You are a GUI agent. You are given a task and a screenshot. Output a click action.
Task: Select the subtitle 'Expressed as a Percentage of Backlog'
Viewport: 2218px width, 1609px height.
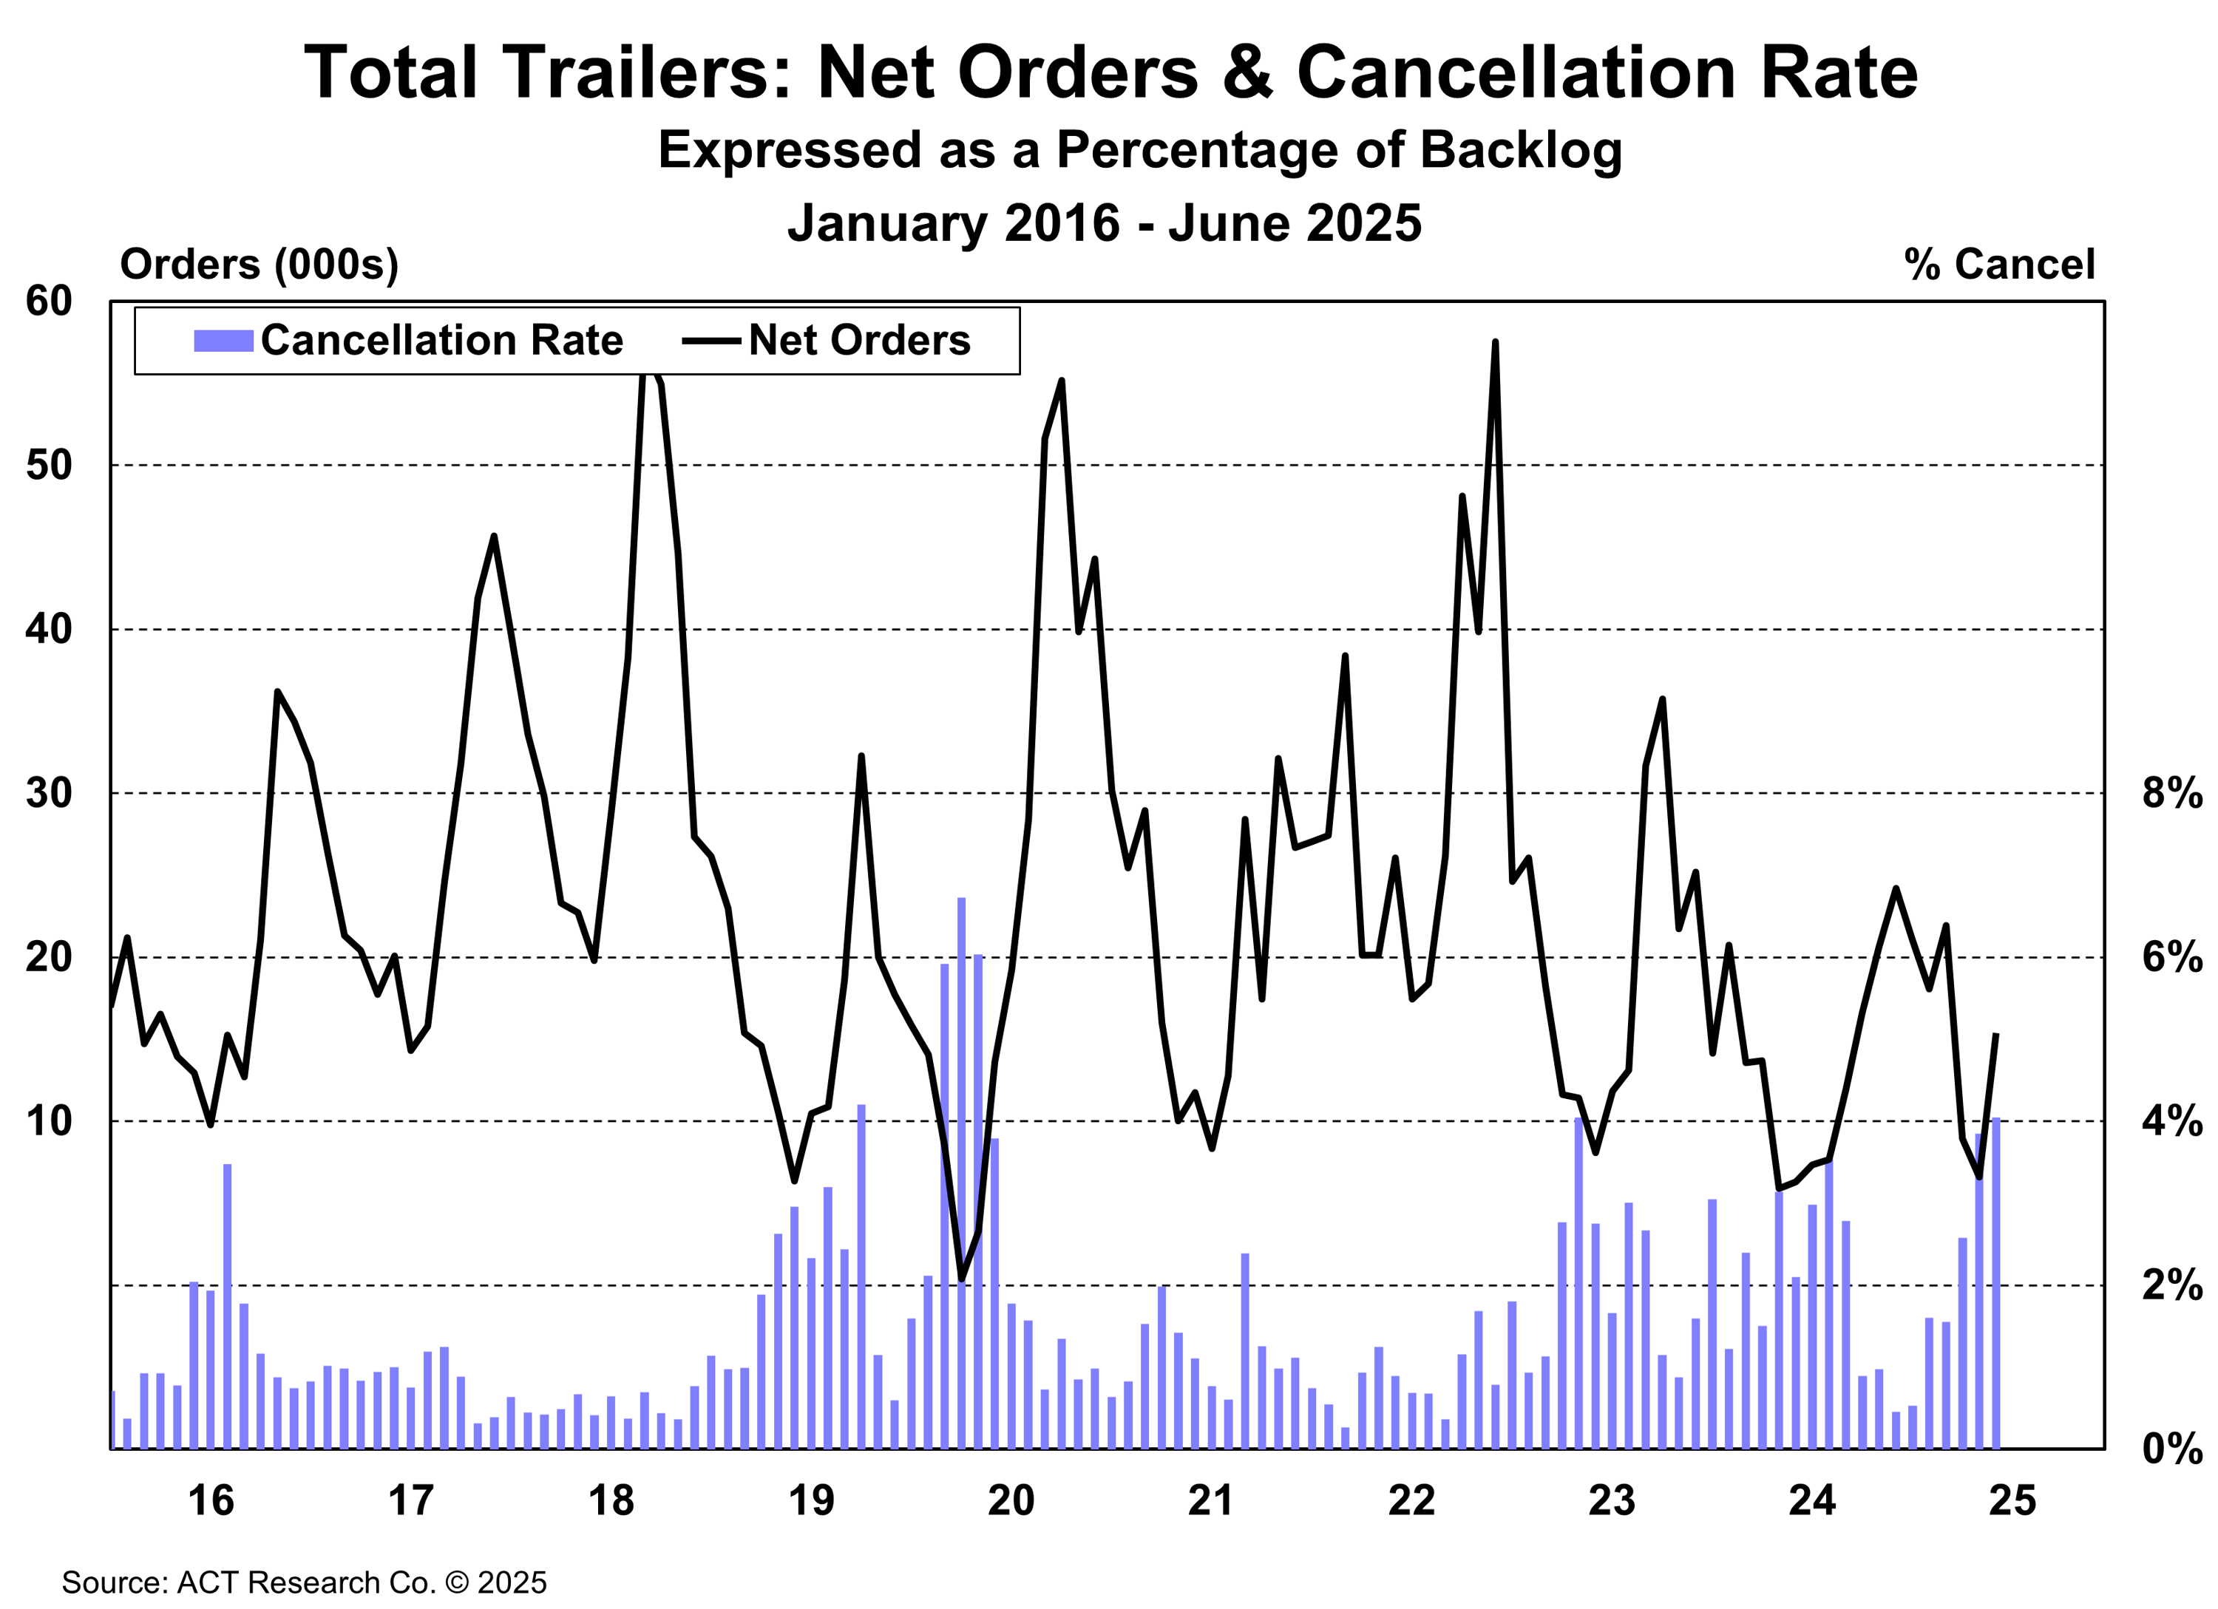click(1140, 151)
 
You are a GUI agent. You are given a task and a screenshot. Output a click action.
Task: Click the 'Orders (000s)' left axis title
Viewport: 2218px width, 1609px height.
click(260, 265)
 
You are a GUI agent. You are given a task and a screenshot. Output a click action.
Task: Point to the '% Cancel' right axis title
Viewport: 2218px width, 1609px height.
click(1999, 265)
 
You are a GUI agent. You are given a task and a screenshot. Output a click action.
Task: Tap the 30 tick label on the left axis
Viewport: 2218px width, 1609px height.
click(50, 793)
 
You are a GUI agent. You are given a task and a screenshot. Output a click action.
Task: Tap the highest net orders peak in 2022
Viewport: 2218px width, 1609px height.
click(1495, 343)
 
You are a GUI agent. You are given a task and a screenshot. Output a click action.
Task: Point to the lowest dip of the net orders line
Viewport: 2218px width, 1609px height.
click(961, 1279)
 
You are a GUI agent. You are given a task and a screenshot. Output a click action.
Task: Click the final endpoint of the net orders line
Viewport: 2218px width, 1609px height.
click(1996, 1034)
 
